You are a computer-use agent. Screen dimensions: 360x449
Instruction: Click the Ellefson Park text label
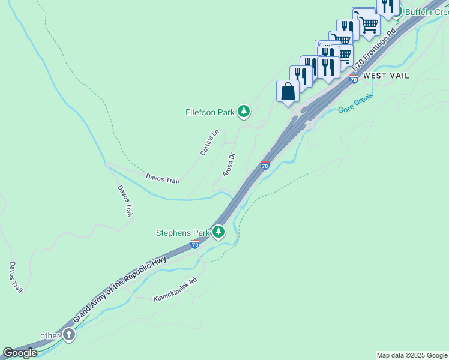tap(210, 111)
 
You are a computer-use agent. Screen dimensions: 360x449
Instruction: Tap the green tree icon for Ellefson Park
tap(243, 111)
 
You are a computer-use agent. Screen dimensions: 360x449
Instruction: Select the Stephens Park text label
tap(182, 232)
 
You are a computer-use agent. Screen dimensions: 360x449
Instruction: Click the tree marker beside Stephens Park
tap(219, 232)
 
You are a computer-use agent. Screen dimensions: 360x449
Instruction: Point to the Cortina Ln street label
tap(209, 143)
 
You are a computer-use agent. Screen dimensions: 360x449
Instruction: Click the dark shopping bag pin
tap(288, 91)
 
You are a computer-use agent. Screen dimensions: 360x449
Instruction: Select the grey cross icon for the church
tap(69, 335)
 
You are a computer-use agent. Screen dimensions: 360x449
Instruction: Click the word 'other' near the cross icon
tap(50, 335)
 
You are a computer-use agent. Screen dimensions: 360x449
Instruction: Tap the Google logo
tap(20, 353)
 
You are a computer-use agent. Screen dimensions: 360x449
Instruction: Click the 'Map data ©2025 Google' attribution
tap(411, 355)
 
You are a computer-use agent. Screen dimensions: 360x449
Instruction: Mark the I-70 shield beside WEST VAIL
tap(354, 79)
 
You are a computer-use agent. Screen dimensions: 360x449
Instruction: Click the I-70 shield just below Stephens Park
tap(194, 244)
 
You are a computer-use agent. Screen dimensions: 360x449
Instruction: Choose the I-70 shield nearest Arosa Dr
tap(265, 166)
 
